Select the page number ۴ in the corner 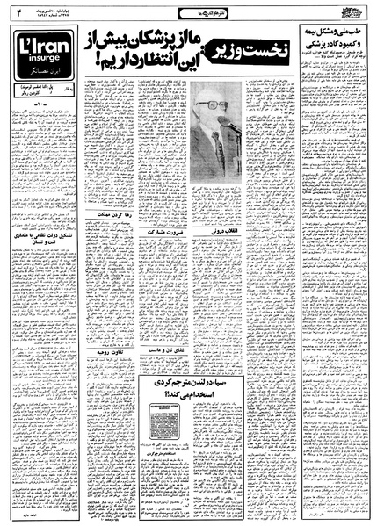pos(13,12)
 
